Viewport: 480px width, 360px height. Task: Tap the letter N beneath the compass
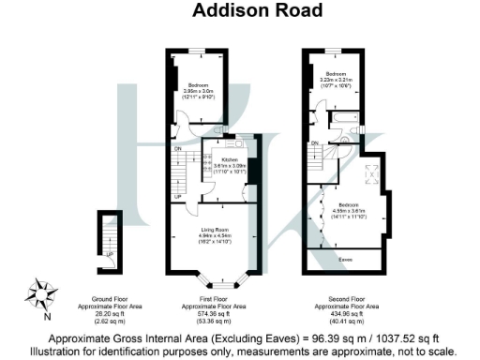pos(41,307)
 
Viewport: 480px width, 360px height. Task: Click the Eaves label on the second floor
pos(345,259)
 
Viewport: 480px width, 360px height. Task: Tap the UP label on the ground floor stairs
pos(110,253)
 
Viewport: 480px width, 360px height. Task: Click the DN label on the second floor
pos(315,142)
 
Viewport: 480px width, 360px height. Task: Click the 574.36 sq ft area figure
pos(214,313)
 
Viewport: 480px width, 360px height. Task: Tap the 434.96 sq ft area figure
pos(344,313)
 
